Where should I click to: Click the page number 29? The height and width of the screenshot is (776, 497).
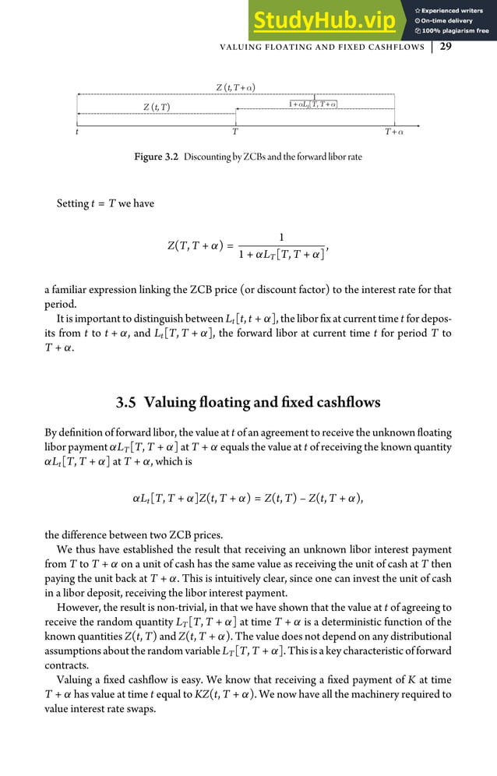tap(446, 47)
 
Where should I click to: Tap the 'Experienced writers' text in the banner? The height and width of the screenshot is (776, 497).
tap(456, 10)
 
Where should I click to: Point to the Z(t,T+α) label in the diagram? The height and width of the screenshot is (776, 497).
tap(236, 86)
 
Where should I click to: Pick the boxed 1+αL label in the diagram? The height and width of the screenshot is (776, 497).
tap(313, 104)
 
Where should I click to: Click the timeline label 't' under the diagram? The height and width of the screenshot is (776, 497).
tap(77, 132)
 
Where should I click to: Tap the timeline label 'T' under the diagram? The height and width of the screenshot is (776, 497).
tap(235, 132)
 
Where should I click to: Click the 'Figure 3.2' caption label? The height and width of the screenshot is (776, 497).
tap(157, 157)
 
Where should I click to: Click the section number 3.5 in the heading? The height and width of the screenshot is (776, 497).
tap(127, 403)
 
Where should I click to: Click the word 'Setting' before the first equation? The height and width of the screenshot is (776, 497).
tap(72, 203)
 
